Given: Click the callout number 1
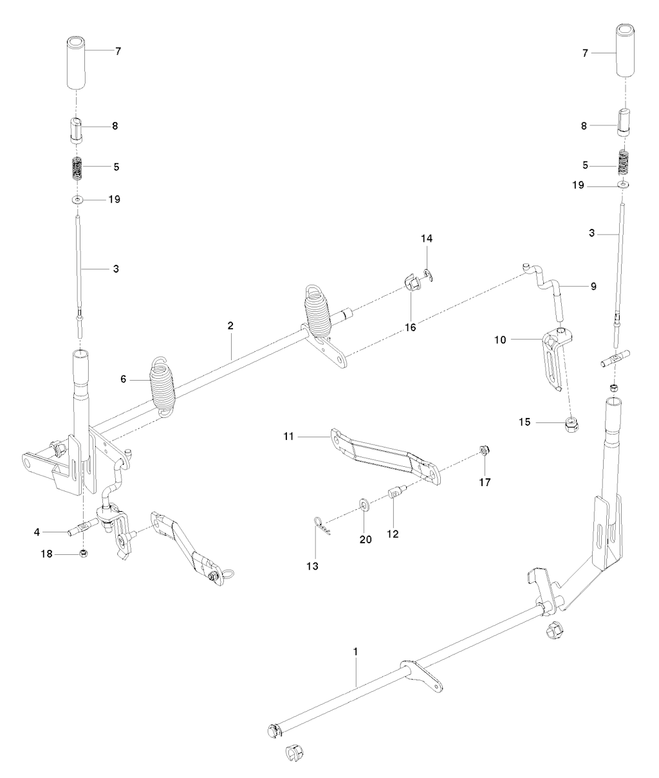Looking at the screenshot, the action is click(x=355, y=651).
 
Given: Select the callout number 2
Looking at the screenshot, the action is click(x=230, y=325).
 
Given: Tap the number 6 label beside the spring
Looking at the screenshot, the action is click(x=123, y=379).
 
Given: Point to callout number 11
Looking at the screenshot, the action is click(x=288, y=436).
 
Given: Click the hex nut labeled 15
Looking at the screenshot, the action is click(x=572, y=424).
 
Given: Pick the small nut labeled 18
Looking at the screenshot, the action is click(x=84, y=553).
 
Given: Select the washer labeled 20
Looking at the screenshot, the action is click(x=364, y=503).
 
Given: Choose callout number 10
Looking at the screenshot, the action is click(x=500, y=340).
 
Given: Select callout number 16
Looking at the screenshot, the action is click(x=411, y=327).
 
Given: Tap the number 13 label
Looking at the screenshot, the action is click(x=312, y=576).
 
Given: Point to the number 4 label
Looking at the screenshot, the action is click(x=37, y=532).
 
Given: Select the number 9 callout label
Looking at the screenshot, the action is click(x=593, y=286).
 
